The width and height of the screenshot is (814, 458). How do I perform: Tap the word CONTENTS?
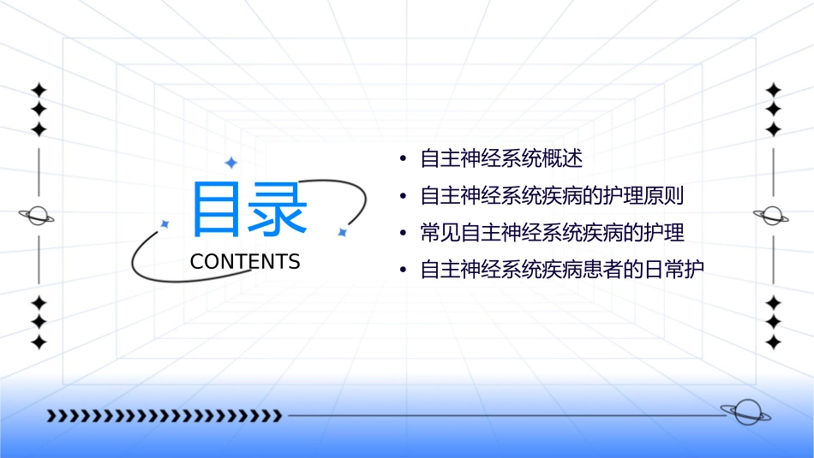click(245, 262)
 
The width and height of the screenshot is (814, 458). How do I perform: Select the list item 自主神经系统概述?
click(501, 159)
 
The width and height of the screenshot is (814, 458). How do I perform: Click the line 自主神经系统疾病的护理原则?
click(552, 196)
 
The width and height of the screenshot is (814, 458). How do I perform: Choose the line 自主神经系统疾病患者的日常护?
click(561, 270)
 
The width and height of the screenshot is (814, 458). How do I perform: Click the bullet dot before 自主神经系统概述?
click(403, 160)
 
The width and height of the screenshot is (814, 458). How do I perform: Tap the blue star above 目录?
click(230, 163)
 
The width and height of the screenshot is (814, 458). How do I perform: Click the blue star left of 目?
click(165, 223)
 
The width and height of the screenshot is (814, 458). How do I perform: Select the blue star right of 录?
click(342, 232)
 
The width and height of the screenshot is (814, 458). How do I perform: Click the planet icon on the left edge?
click(38, 216)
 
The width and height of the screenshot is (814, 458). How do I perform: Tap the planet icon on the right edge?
click(773, 216)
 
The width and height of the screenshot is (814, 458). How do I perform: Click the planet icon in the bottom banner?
click(745, 413)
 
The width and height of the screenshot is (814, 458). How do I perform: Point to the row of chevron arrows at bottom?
click(164, 416)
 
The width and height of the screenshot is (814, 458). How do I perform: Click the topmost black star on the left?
click(38, 90)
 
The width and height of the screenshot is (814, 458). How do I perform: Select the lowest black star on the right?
click(773, 342)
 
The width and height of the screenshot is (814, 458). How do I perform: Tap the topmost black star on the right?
click(773, 90)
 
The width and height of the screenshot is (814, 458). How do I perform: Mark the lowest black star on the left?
click(38, 342)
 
